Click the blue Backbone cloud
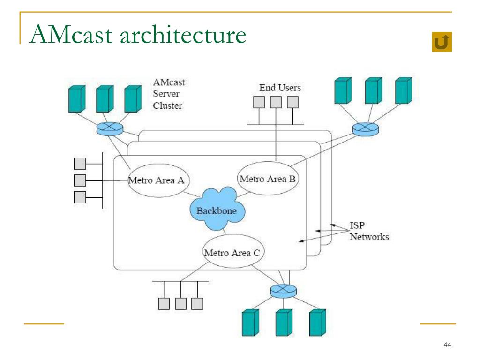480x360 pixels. [x=217, y=209]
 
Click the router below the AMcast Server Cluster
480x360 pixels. [x=110, y=128]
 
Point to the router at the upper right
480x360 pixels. [x=366, y=129]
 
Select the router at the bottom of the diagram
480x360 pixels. [x=283, y=291]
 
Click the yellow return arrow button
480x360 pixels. [x=442, y=42]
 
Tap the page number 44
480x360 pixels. [x=447, y=345]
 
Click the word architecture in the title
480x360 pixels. [x=183, y=35]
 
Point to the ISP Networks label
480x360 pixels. [x=369, y=231]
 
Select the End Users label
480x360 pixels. [x=280, y=88]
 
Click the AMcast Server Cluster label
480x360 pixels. [x=169, y=94]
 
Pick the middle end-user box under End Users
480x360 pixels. [x=276, y=102]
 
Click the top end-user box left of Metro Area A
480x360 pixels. [x=80, y=164]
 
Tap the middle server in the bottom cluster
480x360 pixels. [x=284, y=322]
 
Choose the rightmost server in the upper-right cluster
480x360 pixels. [x=404, y=90]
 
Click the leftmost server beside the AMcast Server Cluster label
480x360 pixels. [x=77, y=99]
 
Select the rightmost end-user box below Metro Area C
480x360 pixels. [x=197, y=304]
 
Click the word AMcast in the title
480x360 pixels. [x=72, y=35]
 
